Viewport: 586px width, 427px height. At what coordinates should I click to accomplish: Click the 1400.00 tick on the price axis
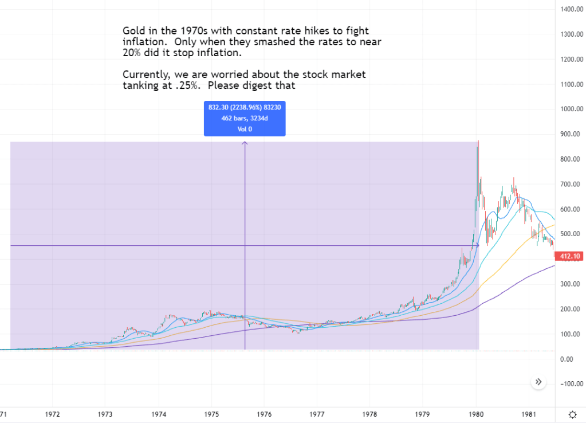572,9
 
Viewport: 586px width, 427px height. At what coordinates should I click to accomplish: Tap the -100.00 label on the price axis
572,384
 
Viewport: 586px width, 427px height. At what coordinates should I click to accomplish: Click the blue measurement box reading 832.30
245,119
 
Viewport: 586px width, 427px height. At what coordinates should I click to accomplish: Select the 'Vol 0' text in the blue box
245,129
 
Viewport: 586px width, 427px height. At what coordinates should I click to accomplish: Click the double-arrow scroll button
538,382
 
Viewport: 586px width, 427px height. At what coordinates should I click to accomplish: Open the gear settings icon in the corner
572,414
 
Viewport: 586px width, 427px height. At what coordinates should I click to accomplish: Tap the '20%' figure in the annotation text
132,53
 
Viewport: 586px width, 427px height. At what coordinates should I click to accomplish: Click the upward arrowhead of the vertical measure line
245,143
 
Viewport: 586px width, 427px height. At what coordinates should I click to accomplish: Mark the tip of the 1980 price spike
478,141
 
